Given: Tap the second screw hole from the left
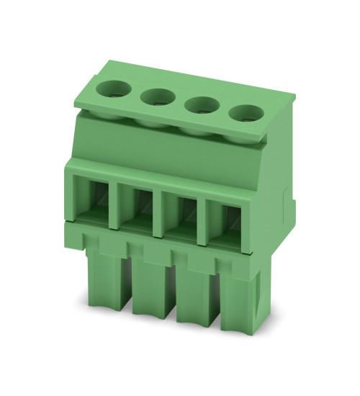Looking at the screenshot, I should (157, 97).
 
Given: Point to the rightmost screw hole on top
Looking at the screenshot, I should (246, 112).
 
